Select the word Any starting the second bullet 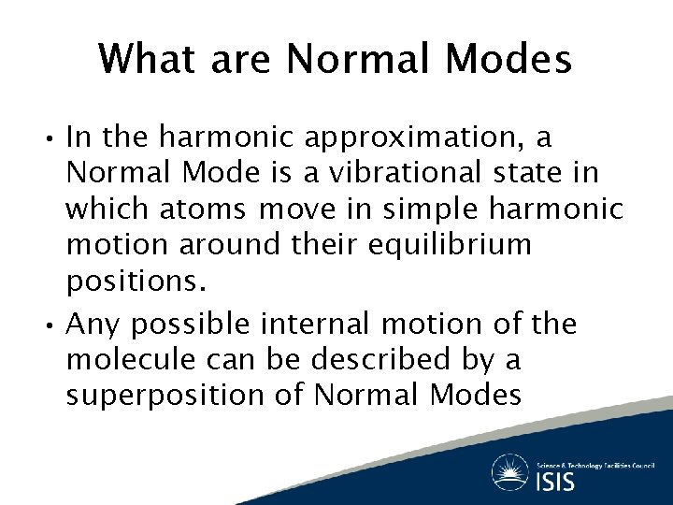(x=94, y=325)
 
